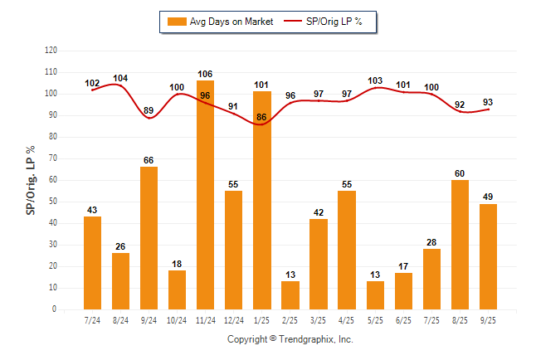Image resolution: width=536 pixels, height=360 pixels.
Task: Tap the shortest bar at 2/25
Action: point(290,295)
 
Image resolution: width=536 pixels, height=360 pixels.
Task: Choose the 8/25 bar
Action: point(459,245)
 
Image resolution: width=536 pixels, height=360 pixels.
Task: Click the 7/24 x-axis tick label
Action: point(92,320)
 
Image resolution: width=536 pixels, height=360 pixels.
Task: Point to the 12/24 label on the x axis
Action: point(233,320)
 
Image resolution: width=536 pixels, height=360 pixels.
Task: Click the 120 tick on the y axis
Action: point(51,51)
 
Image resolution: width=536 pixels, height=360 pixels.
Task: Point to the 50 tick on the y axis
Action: point(53,202)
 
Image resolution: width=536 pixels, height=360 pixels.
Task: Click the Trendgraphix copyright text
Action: point(290,339)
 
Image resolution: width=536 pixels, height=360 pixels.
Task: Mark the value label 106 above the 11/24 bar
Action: point(205,74)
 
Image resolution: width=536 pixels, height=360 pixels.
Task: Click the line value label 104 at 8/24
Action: point(120,78)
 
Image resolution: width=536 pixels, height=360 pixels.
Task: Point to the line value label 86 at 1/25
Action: point(261,118)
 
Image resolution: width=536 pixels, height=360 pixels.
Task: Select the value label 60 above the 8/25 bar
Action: point(459,173)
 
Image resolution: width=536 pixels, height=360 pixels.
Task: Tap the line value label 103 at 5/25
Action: point(374,80)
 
